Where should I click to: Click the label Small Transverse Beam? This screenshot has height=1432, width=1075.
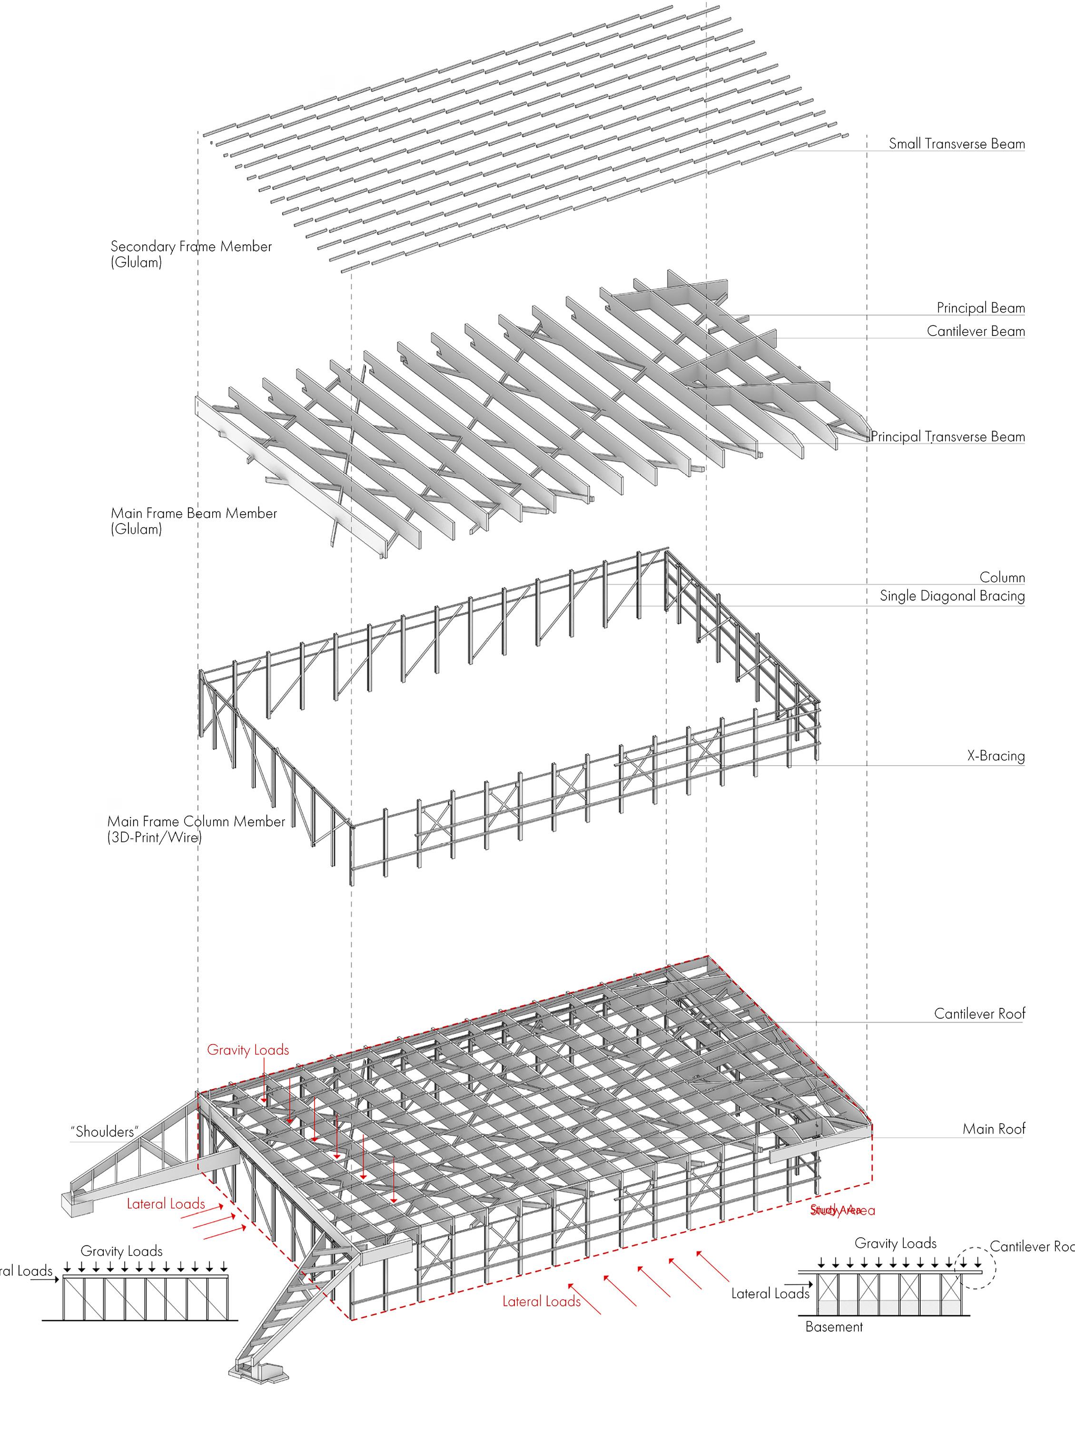pyautogui.click(x=956, y=144)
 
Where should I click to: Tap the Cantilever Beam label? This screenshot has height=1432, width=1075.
pyautogui.click(x=976, y=331)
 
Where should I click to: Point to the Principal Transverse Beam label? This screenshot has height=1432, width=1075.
pyautogui.click(x=947, y=436)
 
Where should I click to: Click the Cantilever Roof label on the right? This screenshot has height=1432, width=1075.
pyautogui.click(x=979, y=1013)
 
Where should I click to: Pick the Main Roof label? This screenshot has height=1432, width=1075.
pyautogui.click(x=994, y=1128)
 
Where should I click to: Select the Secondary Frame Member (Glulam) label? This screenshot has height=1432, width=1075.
pyautogui.click(x=191, y=254)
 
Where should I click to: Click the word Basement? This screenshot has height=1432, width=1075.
pyautogui.click(x=834, y=1326)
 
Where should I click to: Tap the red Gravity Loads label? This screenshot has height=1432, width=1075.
pyautogui.click(x=248, y=1049)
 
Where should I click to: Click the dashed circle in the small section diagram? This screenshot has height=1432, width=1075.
pyautogui.click(x=974, y=1267)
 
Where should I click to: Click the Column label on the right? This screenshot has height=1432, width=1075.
pyautogui.click(x=1002, y=577)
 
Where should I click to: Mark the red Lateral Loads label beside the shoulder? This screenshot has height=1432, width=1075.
pyautogui.click(x=166, y=1204)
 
